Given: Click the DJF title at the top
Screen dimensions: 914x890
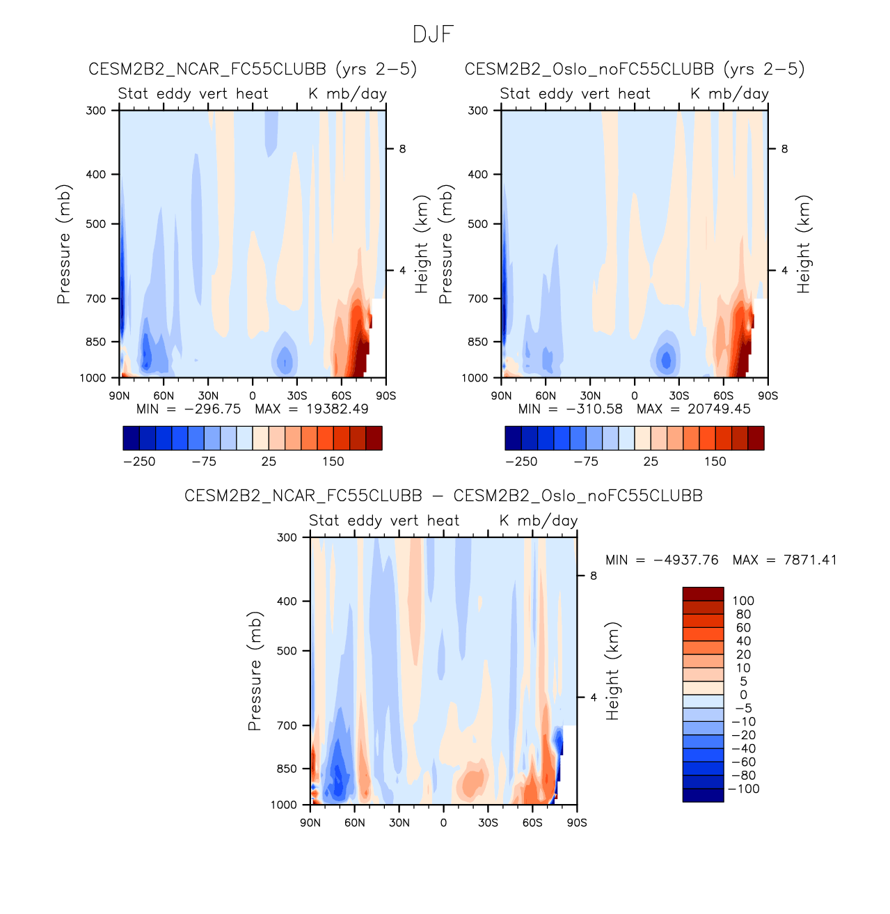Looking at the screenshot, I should [434, 34].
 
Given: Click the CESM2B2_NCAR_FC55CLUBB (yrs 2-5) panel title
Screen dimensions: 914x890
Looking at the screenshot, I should [253, 69].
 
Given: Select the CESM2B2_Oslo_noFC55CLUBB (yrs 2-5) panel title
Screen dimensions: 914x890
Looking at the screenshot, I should [635, 69].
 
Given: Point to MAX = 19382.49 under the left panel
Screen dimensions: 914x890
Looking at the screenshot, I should [312, 409].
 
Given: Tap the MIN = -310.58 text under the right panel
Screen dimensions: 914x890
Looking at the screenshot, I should [571, 409].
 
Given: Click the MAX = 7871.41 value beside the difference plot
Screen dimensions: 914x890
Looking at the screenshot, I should [785, 560].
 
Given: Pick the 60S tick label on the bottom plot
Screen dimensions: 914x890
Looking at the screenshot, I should [532, 823].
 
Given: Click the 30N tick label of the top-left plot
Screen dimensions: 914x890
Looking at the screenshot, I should [207, 395].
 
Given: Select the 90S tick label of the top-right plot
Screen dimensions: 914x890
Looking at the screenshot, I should [768, 395].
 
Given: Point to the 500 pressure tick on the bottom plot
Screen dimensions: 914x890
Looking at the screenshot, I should [287, 651].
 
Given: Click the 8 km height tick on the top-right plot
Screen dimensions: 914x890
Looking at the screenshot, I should [784, 149].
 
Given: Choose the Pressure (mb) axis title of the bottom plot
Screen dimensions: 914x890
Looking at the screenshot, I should [255, 671].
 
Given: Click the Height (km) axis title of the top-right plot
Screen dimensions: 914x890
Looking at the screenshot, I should [804, 244].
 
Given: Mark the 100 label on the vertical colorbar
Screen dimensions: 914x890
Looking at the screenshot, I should [743, 601].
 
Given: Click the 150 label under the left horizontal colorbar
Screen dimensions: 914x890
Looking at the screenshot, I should [333, 462].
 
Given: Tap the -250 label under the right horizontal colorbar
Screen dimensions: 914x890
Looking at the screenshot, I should [521, 462].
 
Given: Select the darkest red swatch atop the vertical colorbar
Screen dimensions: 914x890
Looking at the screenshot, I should [703, 594].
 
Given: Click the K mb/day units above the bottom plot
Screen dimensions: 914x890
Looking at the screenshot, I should [539, 521].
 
